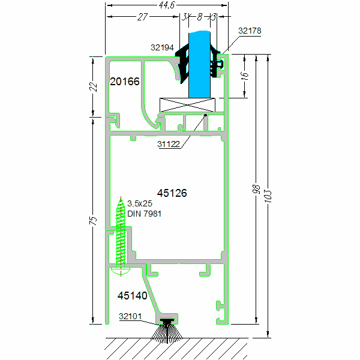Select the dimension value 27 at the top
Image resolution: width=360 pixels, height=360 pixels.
(x=143, y=17)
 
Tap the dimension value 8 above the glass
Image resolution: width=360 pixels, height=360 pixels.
(x=200, y=17)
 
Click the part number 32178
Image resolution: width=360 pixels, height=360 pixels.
(x=250, y=30)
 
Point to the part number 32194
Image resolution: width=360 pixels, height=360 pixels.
(x=161, y=46)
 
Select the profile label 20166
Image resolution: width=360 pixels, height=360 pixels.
(x=125, y=82)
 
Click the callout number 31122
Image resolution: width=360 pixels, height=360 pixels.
(x=170, y=144)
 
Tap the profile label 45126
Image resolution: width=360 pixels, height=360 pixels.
(x=172, y=193)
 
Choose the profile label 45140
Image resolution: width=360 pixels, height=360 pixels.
(x=132, y=295)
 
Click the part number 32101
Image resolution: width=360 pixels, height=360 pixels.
(x=130, y=316)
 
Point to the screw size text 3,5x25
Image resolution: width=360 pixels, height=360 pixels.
(x=140, y=204)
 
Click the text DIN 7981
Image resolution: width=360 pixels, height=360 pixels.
(x=144, y=214)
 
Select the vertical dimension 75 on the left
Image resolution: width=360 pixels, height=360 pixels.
(x=93, y=221)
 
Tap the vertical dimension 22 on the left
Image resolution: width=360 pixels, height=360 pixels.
(x=93, y=86)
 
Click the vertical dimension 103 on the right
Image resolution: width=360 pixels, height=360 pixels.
(x=268, y=195)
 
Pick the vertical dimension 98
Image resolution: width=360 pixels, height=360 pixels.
(x=256, y=191)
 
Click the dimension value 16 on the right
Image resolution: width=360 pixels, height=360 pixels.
(x=244, y=76)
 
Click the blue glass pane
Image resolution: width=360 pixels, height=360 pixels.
(x=199, y=66)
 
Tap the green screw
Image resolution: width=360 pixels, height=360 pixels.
(x=122, y=237)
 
